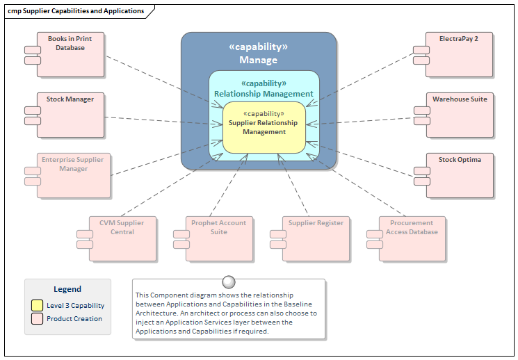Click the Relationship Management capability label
tap(264, 94)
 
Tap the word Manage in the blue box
tap(259, 60)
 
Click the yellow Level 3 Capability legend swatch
tap(36, 305)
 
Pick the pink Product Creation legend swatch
tap(36, 318)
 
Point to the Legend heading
tap(67, 289)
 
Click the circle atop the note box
tap(228, 281)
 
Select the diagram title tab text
tap(76, 11)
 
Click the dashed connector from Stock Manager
tap(160, 120)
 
